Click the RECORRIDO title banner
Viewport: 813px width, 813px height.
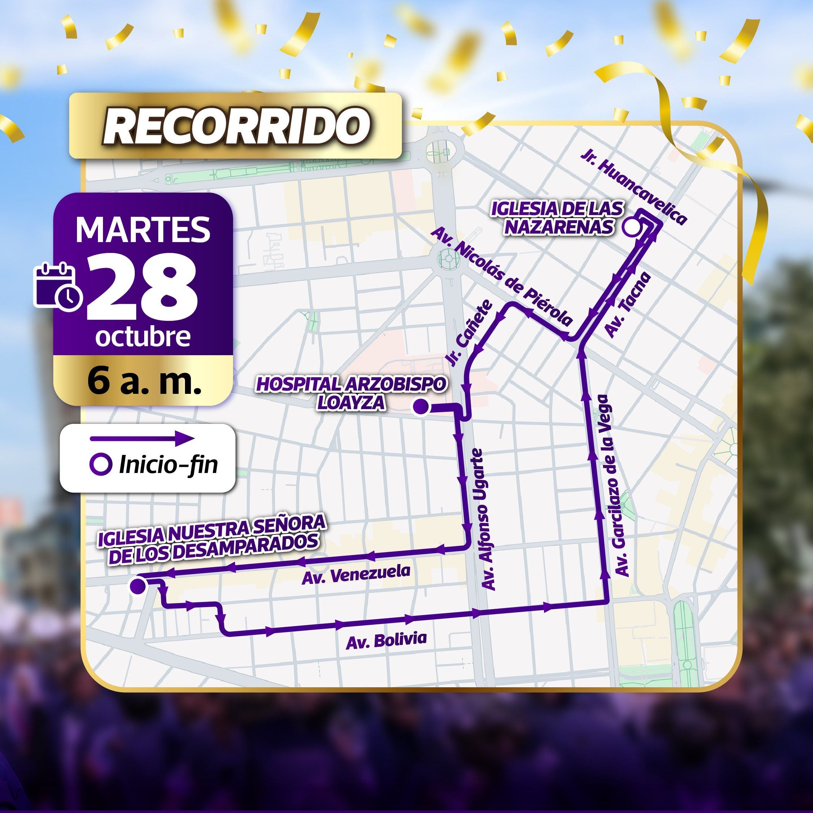pos(236,126)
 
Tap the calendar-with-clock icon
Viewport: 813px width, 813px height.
pos(58,287)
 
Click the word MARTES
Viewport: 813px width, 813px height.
pos(143,230)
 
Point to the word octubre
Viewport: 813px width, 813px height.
pos(143,337)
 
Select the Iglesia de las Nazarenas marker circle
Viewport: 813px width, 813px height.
pos(631,227)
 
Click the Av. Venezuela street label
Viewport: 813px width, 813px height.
pos(356,575)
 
